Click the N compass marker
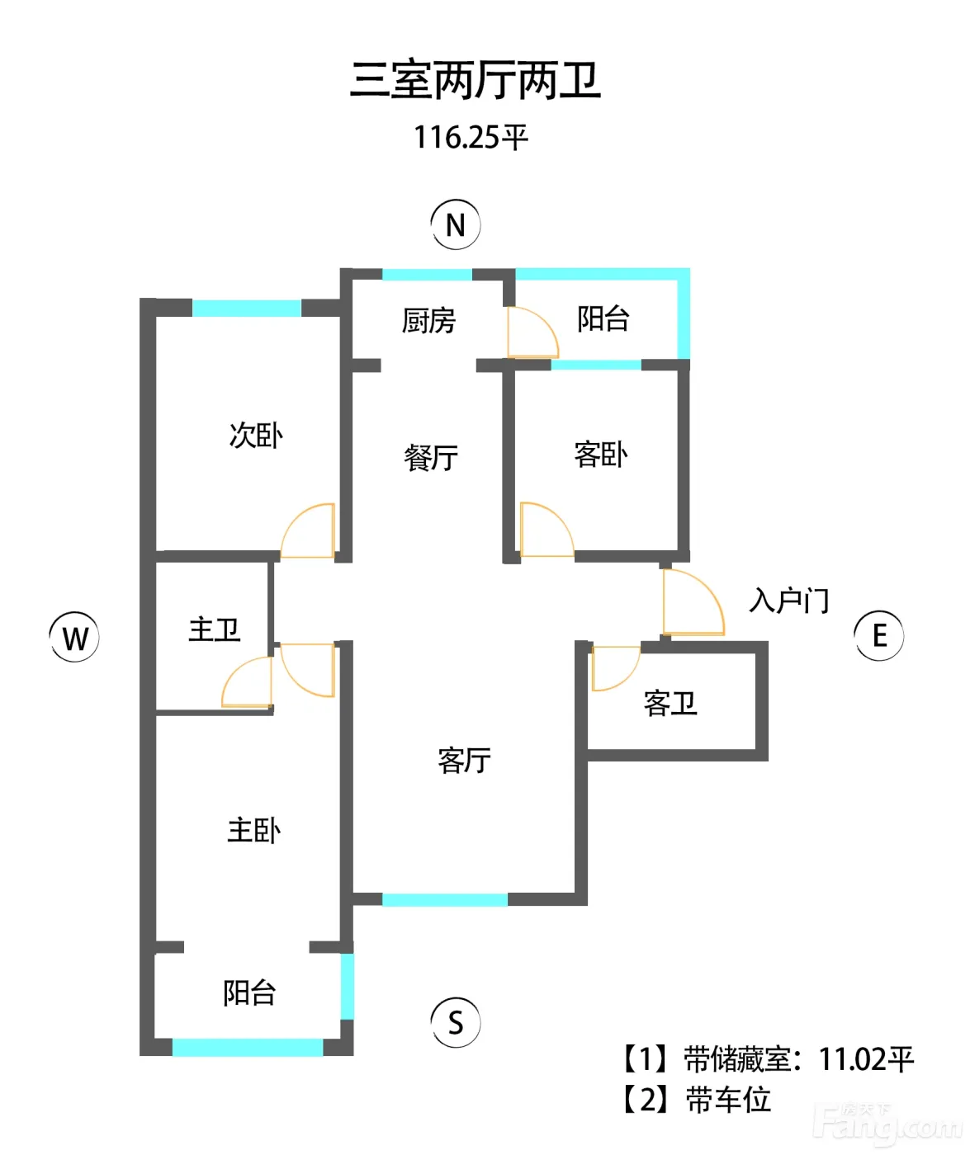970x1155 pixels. pos(455,224)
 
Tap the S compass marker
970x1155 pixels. pos(455,1022)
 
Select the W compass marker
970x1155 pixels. pos(75,637)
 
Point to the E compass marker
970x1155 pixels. pos(878,635)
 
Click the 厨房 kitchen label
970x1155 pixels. pos(428,321)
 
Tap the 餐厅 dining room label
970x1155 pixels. pos(431,458)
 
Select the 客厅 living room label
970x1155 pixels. pos(464,761)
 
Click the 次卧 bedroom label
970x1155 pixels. pos(256,436)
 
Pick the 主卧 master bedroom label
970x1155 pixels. pos(254,831)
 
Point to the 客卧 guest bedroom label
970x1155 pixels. pos(601,455)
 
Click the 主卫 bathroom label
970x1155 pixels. pos(215,630)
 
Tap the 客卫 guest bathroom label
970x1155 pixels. pos(670,704)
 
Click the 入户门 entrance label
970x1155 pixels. pos(789,601)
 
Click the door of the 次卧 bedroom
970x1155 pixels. pos(308,530)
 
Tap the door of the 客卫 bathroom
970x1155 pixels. pos(616,668)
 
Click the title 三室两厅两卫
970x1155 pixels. pos(476,81)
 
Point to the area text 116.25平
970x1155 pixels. pos(471,137)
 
